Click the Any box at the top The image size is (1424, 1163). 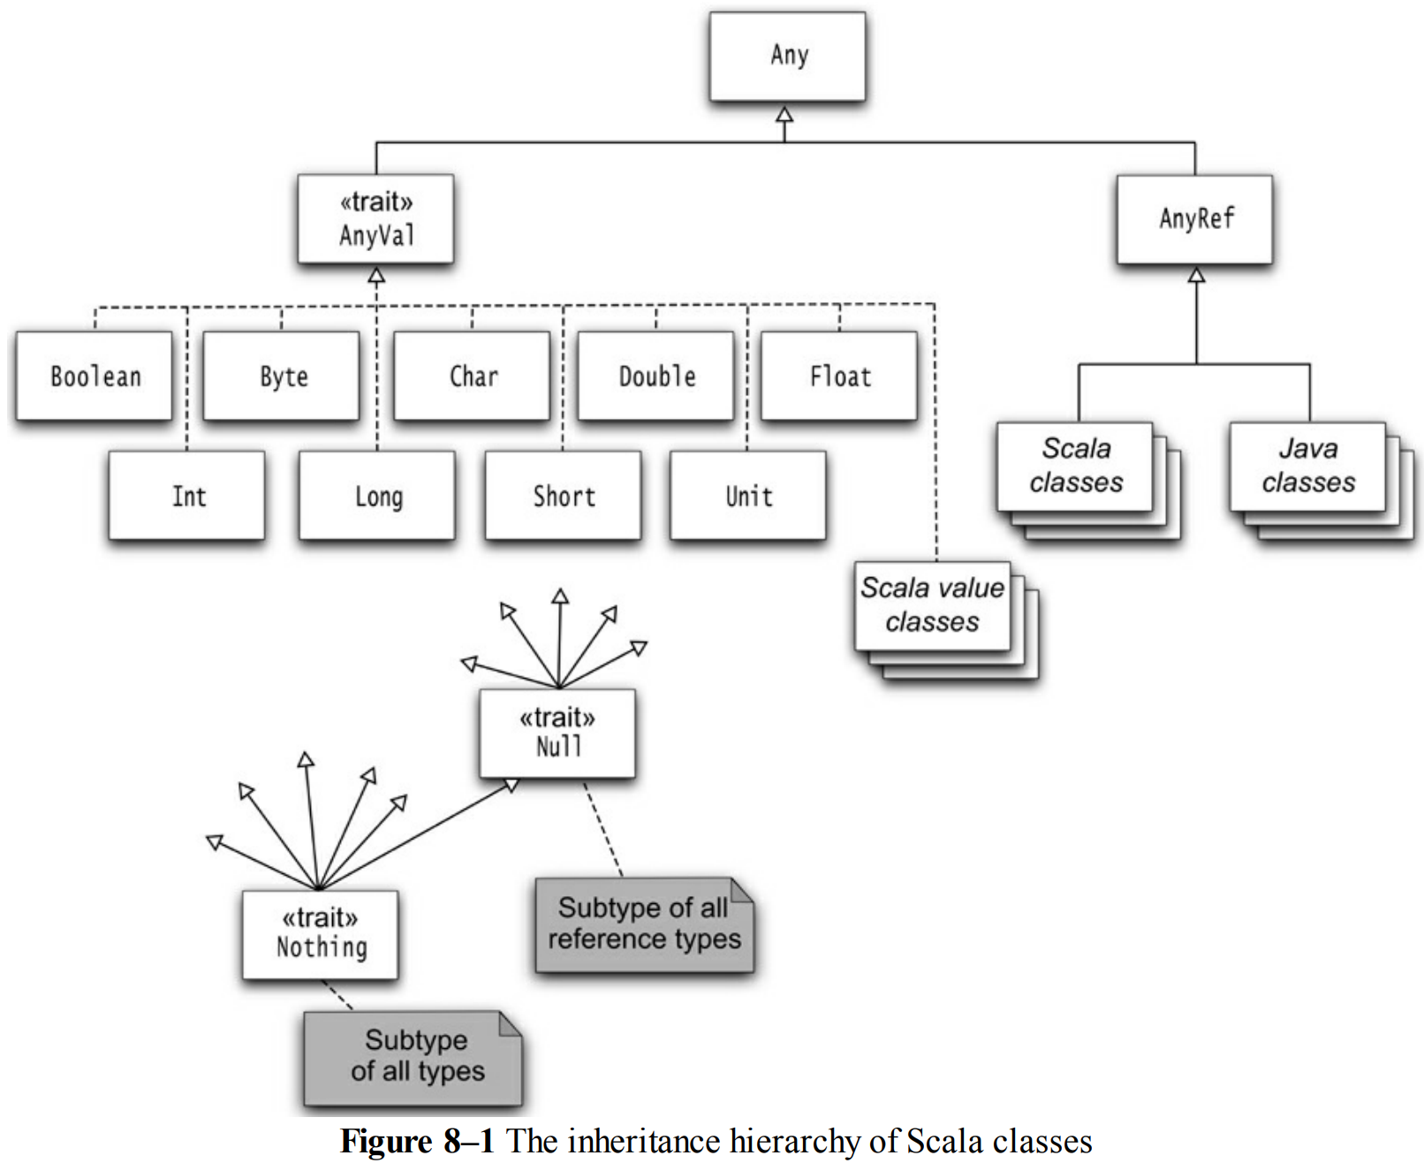[787, 57]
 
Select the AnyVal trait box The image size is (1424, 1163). [376, 219]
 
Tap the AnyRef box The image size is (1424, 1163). [1195, 219]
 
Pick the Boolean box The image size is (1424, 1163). [94, 376]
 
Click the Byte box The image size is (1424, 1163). [282, 376]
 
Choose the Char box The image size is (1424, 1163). [472, 376]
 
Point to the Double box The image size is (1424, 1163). [656, 376]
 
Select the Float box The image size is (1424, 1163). [839, 376]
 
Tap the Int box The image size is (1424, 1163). [187, 496]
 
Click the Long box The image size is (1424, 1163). [377, 496]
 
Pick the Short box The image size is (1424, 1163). [563, 496]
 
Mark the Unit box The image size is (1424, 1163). [748, 496]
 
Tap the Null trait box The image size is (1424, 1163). [557, 734]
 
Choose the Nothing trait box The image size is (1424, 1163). [321, 935]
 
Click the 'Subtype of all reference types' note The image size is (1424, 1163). [645, 924]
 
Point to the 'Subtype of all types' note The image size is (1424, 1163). [413, 1058]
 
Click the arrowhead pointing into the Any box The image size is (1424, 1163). [784, 114]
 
